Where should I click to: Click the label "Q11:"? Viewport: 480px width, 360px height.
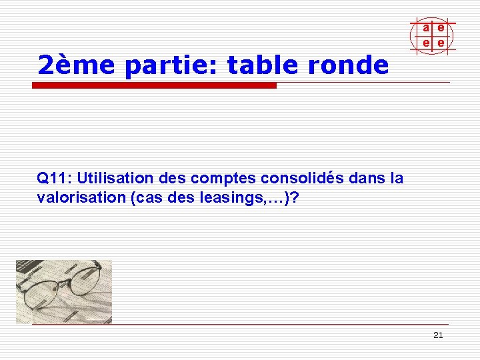(55, 179)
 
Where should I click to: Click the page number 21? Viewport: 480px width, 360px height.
(438, 335)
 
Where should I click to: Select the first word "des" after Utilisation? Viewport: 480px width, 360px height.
(173, 179)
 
